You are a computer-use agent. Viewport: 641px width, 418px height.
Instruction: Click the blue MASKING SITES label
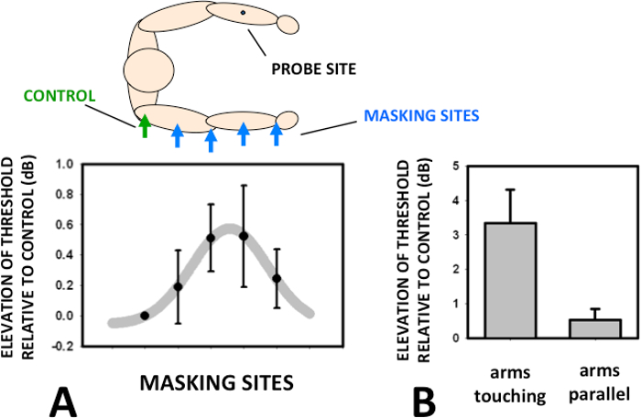[x=421, y=116]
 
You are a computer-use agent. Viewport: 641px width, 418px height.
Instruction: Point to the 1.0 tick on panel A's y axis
[x=63, y=165]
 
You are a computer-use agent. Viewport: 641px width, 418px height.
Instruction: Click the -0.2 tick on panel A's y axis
[x=61, y=346]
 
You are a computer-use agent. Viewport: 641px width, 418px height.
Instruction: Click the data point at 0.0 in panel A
[x=145, y=316]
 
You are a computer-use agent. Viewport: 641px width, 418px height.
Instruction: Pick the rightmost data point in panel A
[x=277, y=278]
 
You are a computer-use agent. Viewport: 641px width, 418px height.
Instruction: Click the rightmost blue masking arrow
[x=277, y=134]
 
